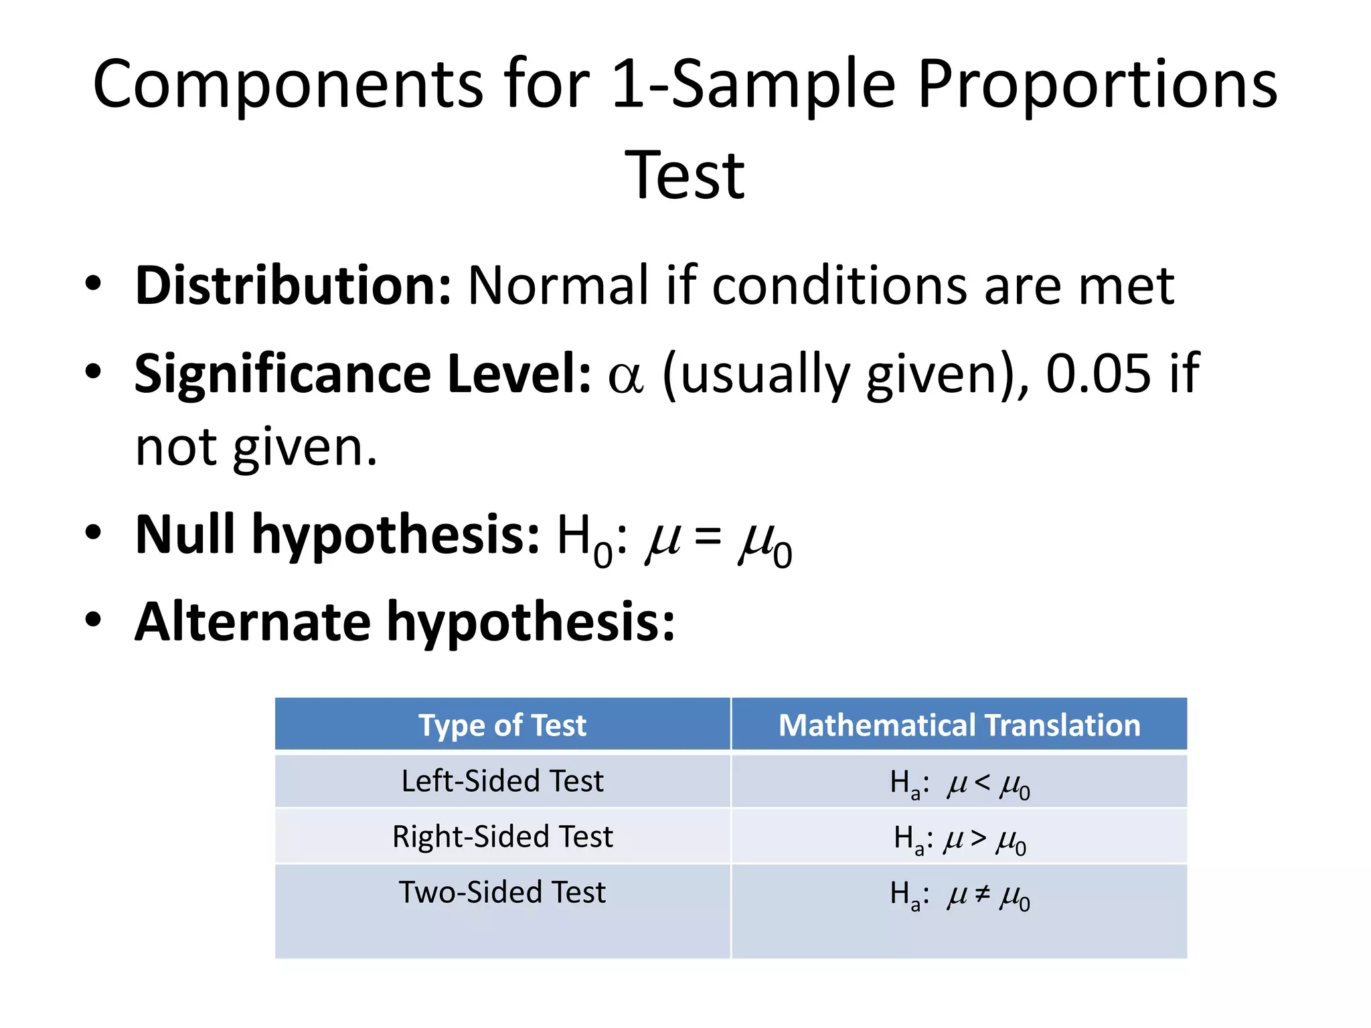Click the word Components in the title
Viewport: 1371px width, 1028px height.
click(288, 85)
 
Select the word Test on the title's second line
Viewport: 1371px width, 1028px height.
click(684, 175)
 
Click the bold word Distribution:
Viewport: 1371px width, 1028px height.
click(293, 286)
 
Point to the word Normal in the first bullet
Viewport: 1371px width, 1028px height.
click(558, 286)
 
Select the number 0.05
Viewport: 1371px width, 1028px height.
click(1099, 373)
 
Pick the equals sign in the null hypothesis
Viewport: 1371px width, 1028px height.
click(708, 536)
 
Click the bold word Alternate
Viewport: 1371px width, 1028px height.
click(252, 622)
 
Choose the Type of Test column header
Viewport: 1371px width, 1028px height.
click(502, 725)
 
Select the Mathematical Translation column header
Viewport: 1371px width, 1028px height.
click(959, 725)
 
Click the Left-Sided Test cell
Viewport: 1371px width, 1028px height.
click(502, 781)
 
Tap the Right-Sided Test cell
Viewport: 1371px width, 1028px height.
click(502, 837)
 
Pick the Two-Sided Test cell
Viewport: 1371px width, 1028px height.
click(502, 892)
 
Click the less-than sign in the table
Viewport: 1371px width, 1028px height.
click(982, 781)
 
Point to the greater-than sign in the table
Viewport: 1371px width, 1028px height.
click(979, 837)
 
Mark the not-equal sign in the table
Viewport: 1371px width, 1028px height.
click(982, 893)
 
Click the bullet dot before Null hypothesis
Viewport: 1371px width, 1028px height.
click(93, 533)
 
